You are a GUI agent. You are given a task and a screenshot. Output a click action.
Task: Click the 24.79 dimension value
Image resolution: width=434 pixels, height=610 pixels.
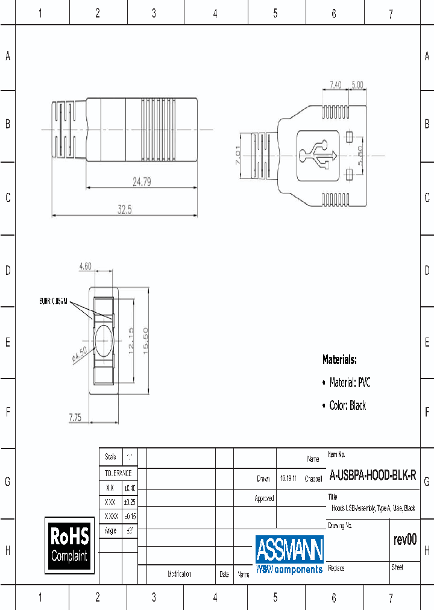(x=142, y=180)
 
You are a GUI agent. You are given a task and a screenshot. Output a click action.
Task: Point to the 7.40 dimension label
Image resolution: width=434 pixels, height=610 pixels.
(x=336, y=85)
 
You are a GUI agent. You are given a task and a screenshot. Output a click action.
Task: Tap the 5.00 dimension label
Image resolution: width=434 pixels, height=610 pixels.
(x=357, y=85)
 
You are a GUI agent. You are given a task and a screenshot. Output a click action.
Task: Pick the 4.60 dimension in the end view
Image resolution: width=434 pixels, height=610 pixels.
(x=85, y=266)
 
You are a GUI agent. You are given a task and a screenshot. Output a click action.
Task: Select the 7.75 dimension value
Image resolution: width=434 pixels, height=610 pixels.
(x=75, y=417)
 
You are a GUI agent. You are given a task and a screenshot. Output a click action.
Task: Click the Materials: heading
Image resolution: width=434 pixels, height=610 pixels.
(x=339, y=360)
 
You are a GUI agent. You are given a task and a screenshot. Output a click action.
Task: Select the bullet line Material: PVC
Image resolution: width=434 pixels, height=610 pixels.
(x=350, y=382)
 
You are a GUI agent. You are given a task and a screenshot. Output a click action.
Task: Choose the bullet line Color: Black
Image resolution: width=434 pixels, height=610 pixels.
(x=347, y=406)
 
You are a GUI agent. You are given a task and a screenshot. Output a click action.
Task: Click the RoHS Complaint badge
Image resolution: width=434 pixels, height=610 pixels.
(x=69, y=544)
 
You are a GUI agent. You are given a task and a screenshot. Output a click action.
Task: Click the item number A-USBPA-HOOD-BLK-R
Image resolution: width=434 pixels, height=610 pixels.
(x=372, y=475)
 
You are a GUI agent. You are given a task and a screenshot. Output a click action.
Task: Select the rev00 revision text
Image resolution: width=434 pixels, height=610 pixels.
(x=404, y=540)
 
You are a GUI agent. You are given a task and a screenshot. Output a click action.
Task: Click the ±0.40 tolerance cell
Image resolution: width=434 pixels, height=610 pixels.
(x=130, y=488)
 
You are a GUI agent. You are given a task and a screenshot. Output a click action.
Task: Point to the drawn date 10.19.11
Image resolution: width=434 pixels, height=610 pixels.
(x=288, y=479)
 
